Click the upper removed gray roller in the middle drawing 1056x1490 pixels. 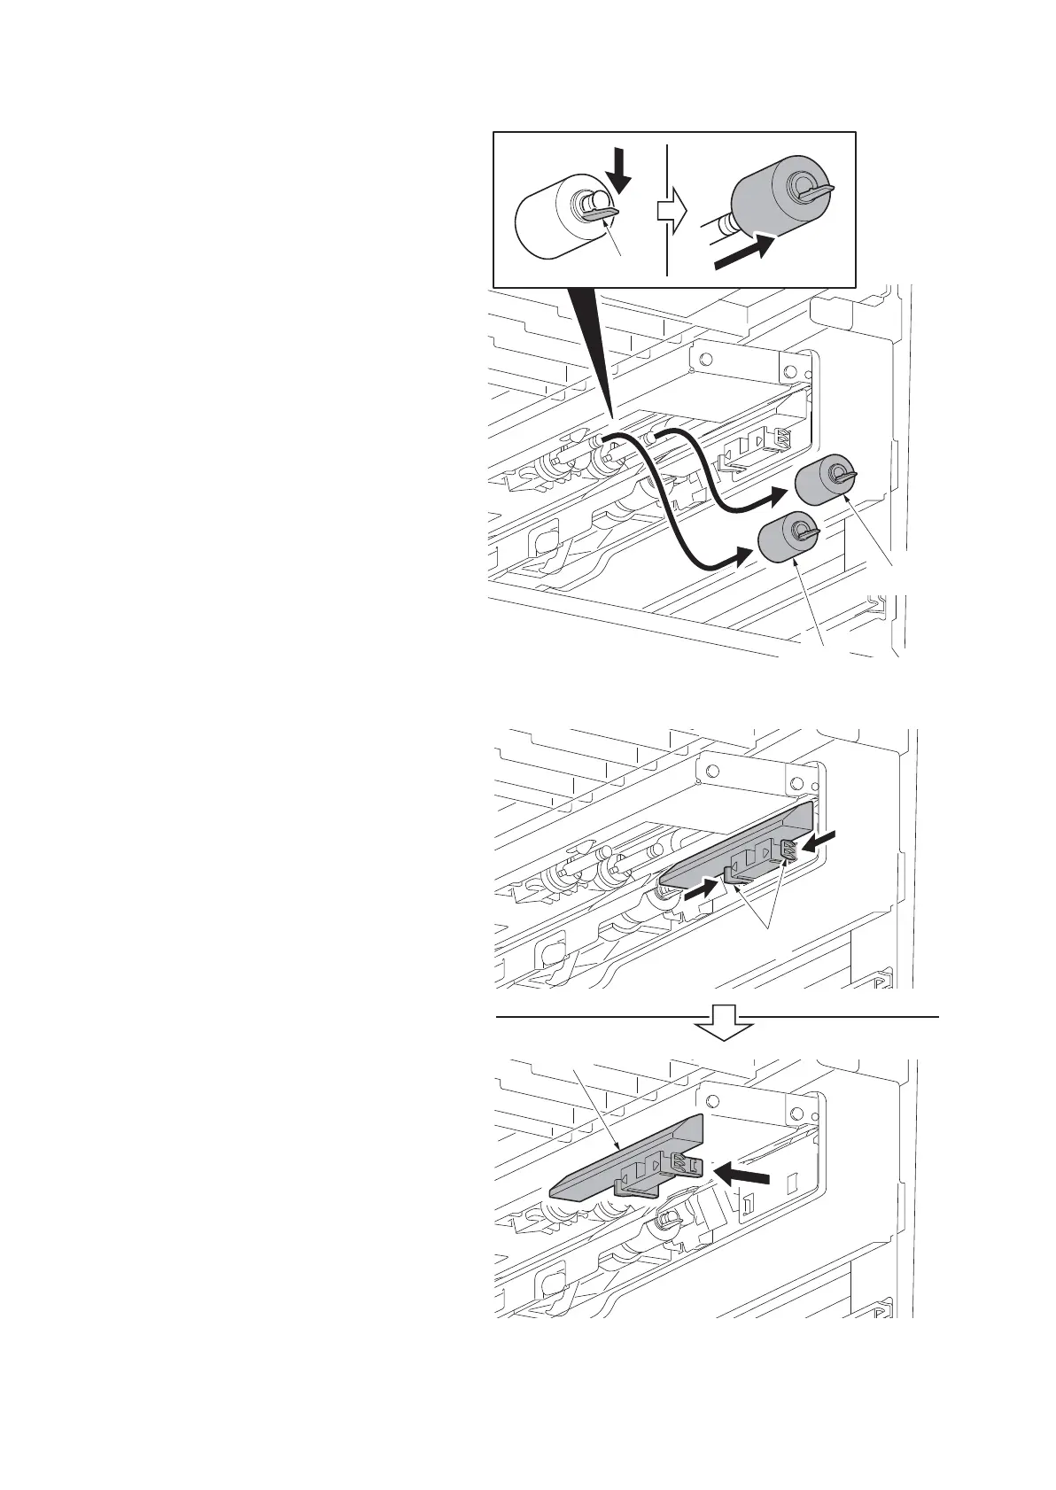[819, 481]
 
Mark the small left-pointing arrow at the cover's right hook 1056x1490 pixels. [822, 837]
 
